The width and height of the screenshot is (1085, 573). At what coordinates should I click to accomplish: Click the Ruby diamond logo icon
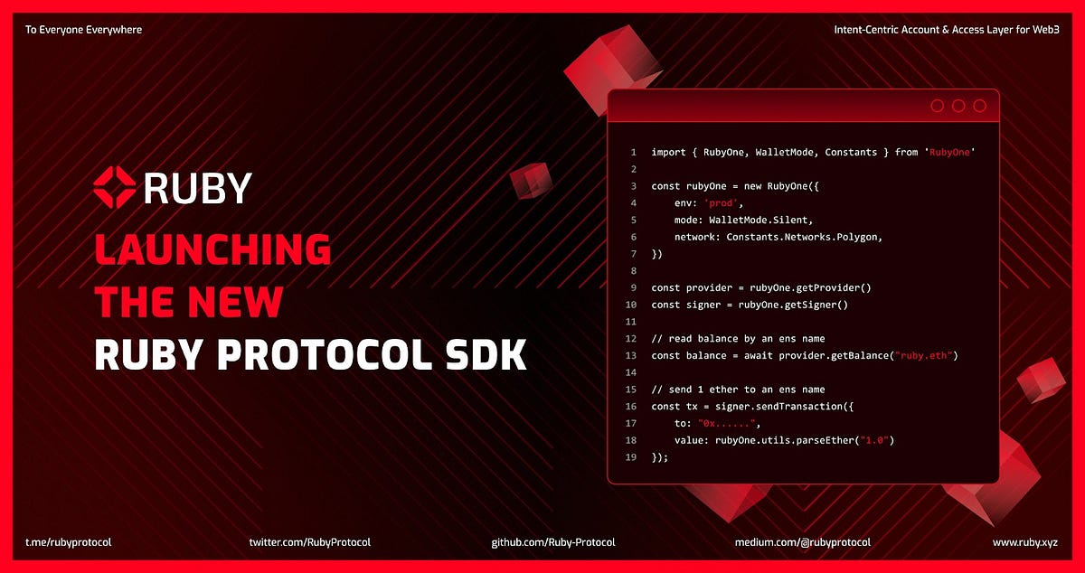[x=115, y=187]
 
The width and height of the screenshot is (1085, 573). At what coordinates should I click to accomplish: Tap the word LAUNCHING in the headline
[x=212, y=249]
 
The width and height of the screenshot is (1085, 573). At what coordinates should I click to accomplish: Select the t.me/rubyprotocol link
[x=69, y=542]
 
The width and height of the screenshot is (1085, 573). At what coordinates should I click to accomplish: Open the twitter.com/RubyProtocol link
[x=310, y=542]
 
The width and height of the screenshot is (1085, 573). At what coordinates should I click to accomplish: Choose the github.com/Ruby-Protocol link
[x=553, y=542]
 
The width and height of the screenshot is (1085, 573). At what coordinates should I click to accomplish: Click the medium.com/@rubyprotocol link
[x=803, y=542]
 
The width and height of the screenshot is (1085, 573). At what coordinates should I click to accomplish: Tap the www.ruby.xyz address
[x=1025, y=542]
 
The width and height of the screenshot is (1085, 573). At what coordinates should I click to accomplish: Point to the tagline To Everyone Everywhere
[x=83, y=30]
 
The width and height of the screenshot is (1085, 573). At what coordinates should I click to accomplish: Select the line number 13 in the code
[x=633, y=355]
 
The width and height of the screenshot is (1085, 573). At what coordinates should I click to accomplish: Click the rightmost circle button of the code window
[x=979, y=106]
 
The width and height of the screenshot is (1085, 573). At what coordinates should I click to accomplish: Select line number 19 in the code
[x=633, y=457]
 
